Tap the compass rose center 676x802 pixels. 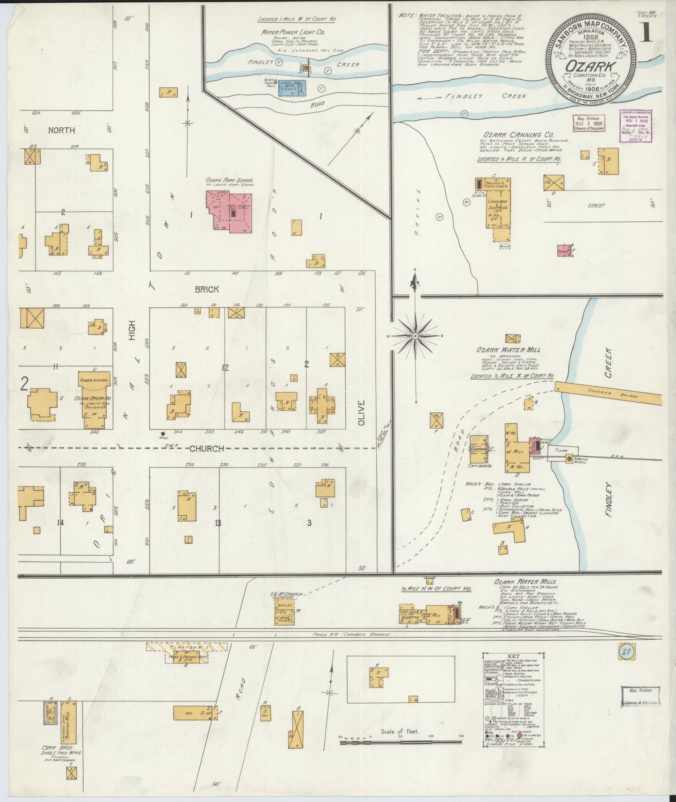click(x=415, y=336)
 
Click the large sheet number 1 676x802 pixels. click(x=648, y=35)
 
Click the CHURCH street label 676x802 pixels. click(x=206, y=449)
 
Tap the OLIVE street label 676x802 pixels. click(x=361, y=412)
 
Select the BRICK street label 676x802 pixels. click(x=207, y=290)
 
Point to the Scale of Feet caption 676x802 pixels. click(x=400, y=731)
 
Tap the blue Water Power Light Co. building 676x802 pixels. click(x=292, y=87)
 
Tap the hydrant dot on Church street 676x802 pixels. click(x=162, y=434)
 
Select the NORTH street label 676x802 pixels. click(x=61, y=130)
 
